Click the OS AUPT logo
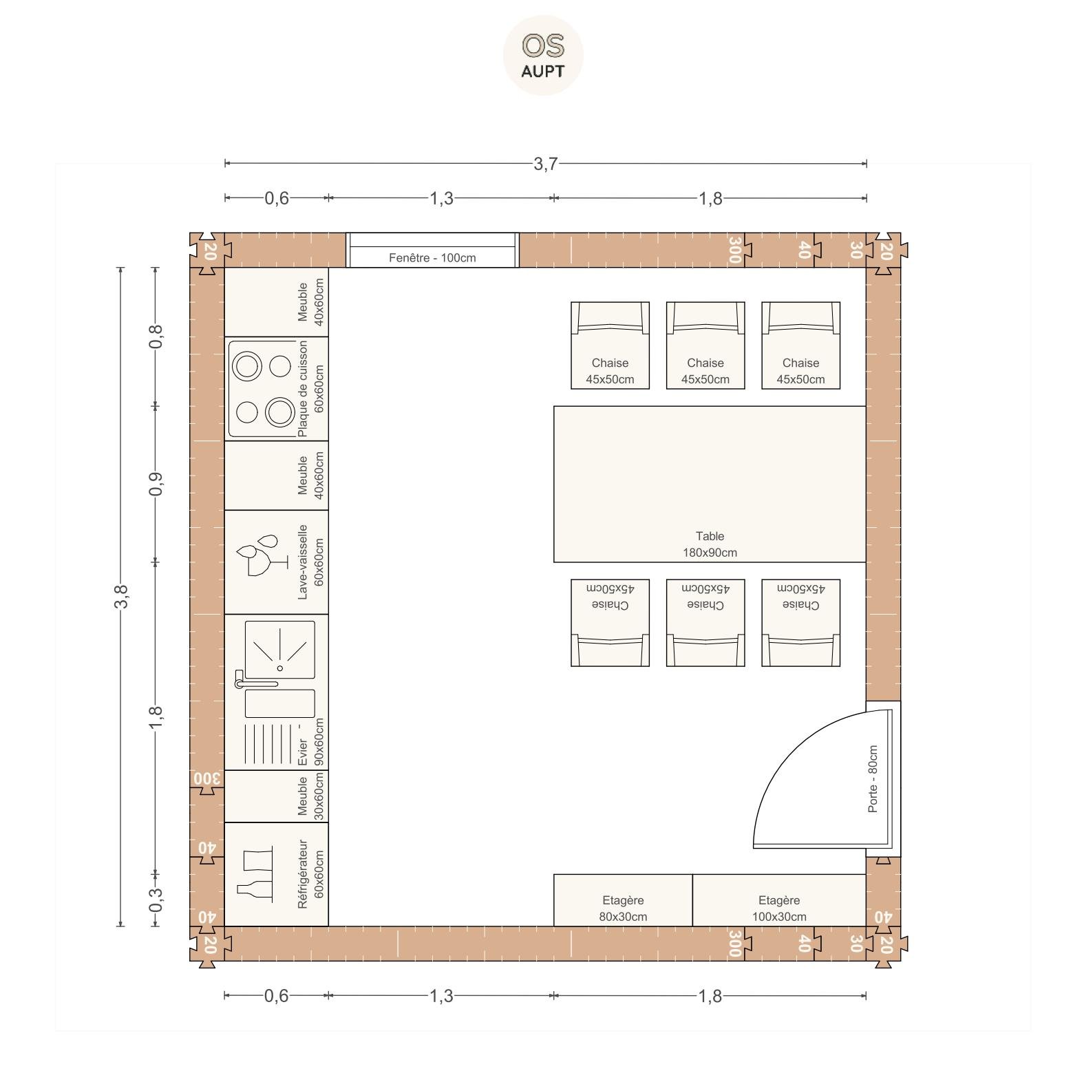click(543, 55)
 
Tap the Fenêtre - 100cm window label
click(432, 258)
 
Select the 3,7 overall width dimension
click(545, 164)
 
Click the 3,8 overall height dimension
click(121, 596)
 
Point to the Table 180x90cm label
click(710, 544)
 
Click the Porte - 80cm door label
click(873, 779)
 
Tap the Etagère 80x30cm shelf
click(623, 900)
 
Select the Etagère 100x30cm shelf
click(779, 900)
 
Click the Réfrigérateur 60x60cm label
click(310, 874)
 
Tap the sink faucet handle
click(255, 683)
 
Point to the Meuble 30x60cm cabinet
click(277, 796)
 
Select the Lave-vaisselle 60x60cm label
click(310, 562)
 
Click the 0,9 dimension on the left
click(156, 484)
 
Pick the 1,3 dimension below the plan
click(441, 996)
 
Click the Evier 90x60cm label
click(310, 743)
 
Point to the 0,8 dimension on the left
click(156, 337)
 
